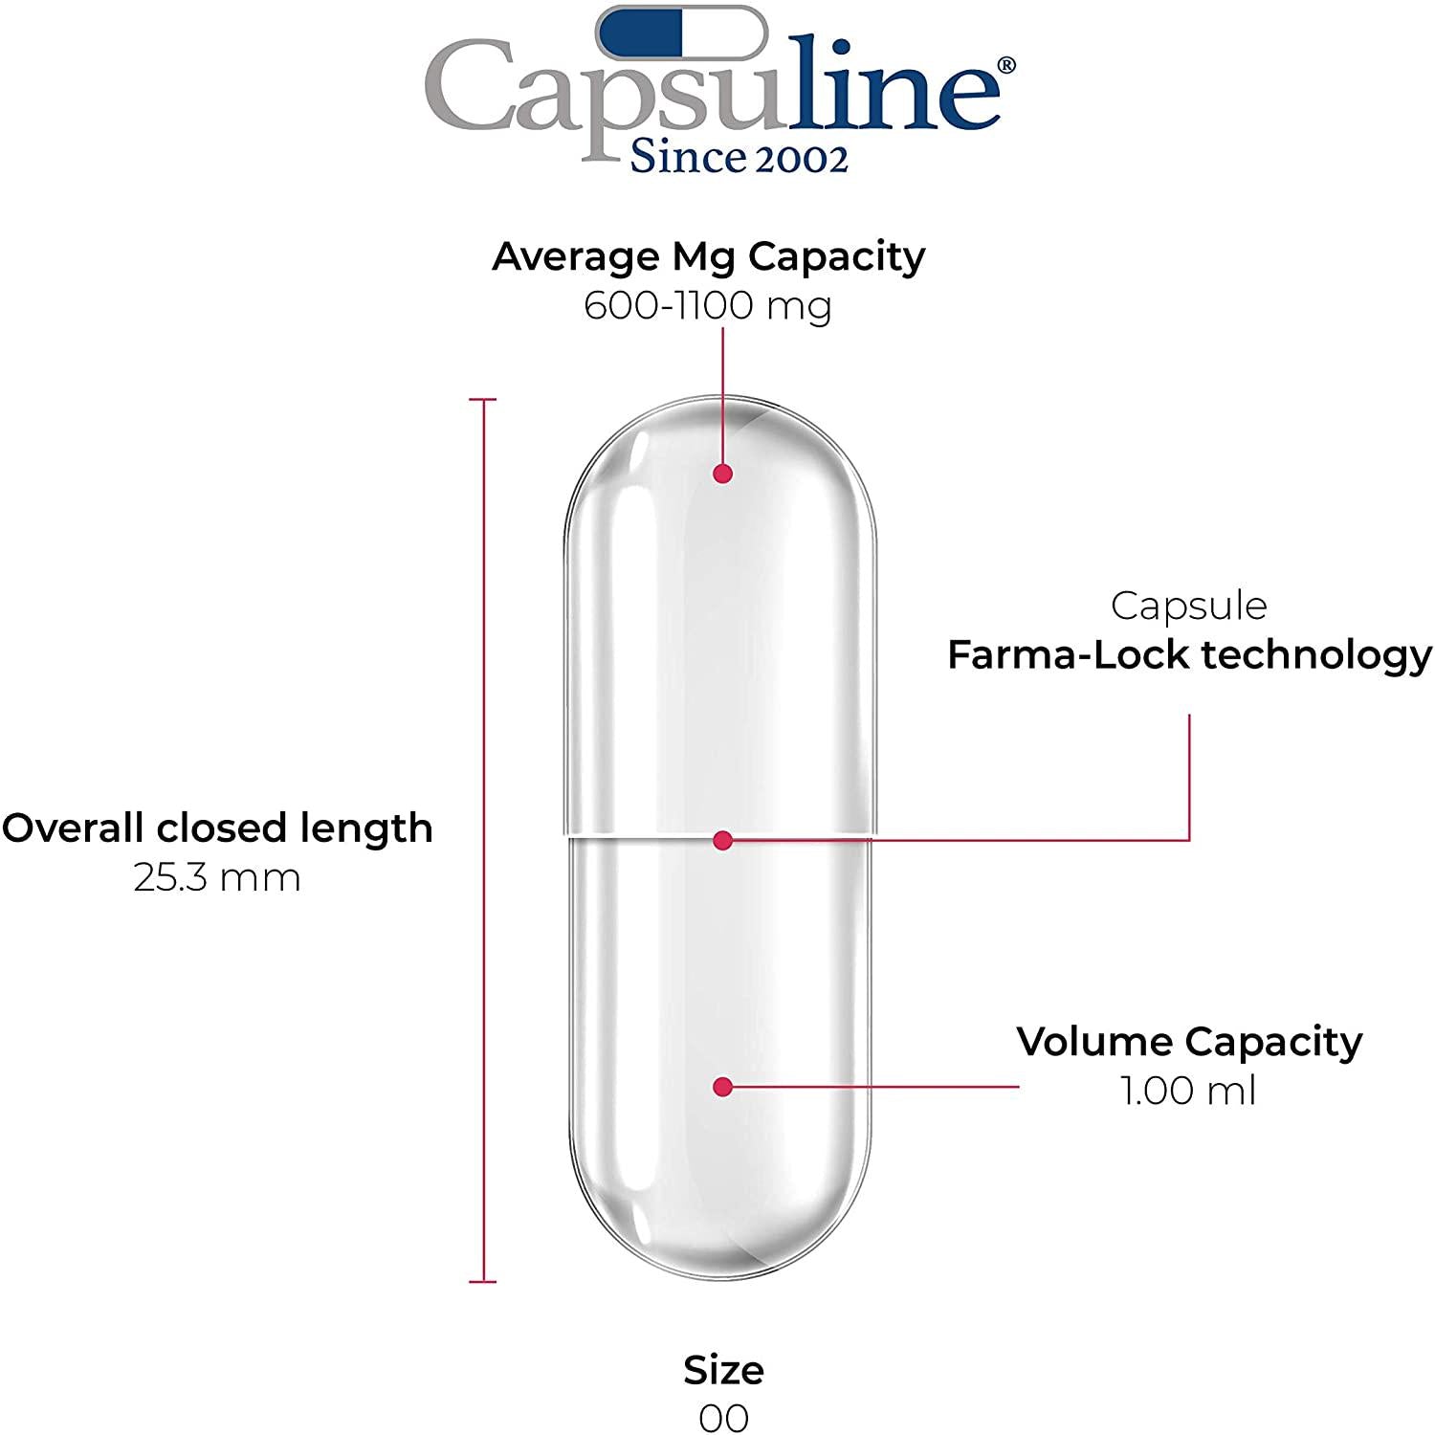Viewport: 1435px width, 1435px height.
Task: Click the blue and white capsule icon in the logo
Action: coord(682,33)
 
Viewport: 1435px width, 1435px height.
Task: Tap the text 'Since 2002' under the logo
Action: coord(739,158)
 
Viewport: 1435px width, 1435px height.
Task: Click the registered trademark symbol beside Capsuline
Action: coord(1006,65)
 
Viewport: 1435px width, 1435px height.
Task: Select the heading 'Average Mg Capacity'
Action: coord(709,256)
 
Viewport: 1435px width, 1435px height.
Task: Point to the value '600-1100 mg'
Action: coord(708,306)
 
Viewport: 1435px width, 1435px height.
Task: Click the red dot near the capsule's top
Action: coord(723,474)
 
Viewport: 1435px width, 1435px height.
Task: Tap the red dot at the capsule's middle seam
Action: coord(723,840)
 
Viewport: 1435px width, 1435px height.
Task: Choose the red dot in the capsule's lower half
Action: coord(723,1087)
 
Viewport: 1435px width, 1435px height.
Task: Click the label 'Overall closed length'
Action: coord(217,828)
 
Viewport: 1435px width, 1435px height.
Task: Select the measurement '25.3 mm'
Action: coord(217,877)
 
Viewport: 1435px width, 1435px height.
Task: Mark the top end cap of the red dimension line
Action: coord(483,399)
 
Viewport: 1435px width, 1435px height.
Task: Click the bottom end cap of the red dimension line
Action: coord(483,1281)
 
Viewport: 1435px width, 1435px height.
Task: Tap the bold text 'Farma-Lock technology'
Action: coord(1189,655)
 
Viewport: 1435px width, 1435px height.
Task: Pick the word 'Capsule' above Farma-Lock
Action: coord(1189,606)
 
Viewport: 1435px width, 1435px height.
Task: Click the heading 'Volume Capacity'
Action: coord(1189,1042)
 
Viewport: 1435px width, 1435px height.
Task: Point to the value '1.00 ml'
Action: coord(1189,1091)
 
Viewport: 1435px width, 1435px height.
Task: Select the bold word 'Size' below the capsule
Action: coord(723,1370)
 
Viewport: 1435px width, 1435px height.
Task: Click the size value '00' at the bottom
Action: coord(723,1418)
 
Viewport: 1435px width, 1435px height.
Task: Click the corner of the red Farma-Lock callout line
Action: coord(1189,840)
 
